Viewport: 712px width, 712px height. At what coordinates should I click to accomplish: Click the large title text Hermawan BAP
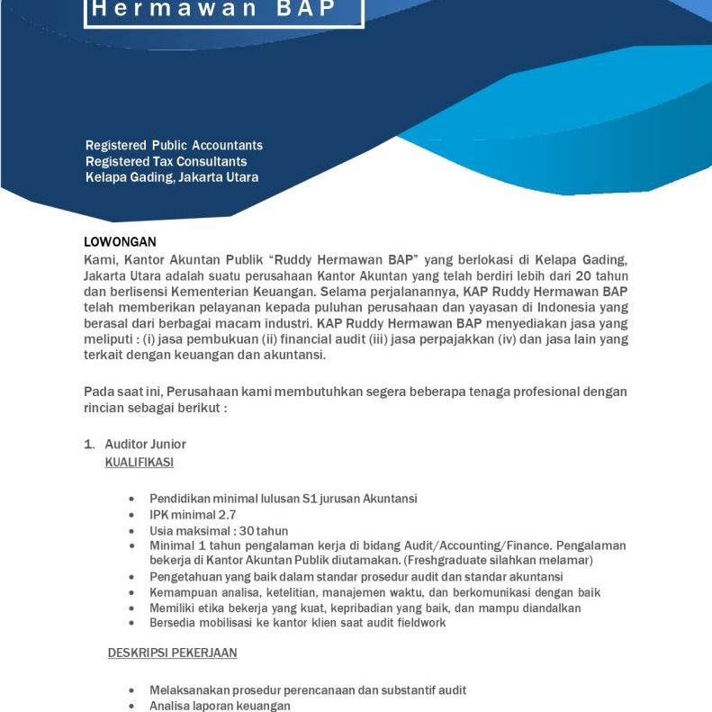[223, 10]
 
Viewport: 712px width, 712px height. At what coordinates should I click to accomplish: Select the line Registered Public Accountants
[174, 145]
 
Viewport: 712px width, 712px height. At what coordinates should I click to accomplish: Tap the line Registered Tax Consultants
[166, 161]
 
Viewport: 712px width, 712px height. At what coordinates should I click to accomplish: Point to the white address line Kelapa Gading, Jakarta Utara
[172, 177]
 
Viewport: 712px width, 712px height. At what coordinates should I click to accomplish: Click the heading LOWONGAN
[120, 241]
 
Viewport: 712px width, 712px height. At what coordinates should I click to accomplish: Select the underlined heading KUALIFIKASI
[140, 462]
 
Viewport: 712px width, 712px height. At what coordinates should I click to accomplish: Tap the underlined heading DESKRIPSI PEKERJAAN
[173, 652]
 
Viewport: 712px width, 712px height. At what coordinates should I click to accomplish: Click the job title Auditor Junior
[146, 445]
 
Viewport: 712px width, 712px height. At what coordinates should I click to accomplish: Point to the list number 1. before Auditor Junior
[89, 445]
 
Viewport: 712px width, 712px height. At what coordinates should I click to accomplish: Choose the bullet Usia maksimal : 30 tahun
[219, 531]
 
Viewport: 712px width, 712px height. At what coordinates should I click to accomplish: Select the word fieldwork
[419, 622]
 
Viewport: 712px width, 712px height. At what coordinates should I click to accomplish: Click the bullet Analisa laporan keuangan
[220, 706]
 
